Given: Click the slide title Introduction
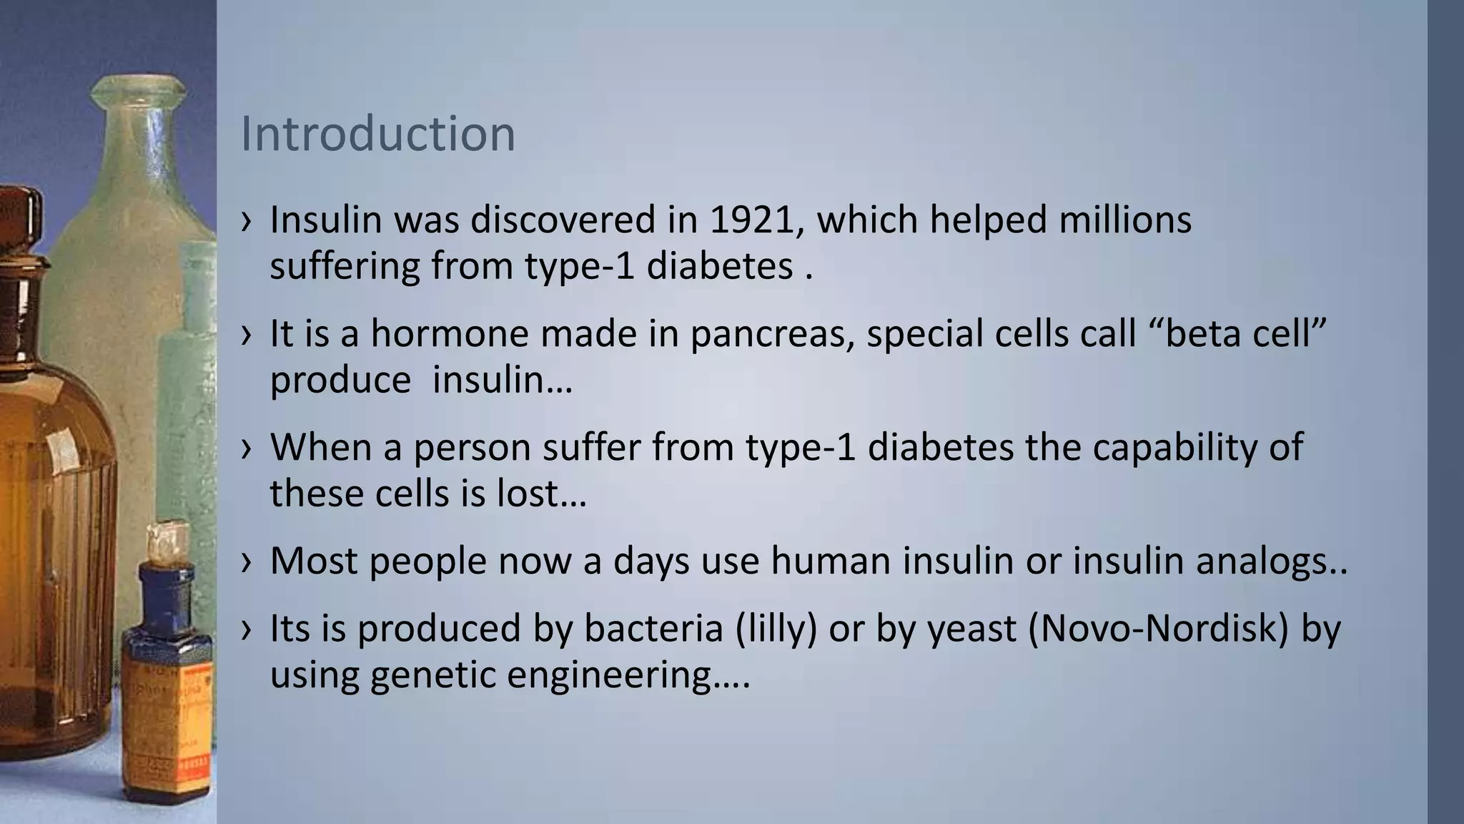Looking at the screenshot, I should (377, 134).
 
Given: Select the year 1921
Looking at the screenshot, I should (752, 220).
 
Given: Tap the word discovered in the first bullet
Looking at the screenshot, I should (563, 220).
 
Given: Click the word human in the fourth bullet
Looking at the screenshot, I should (829, 561).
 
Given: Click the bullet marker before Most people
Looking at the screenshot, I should (247, 562).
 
